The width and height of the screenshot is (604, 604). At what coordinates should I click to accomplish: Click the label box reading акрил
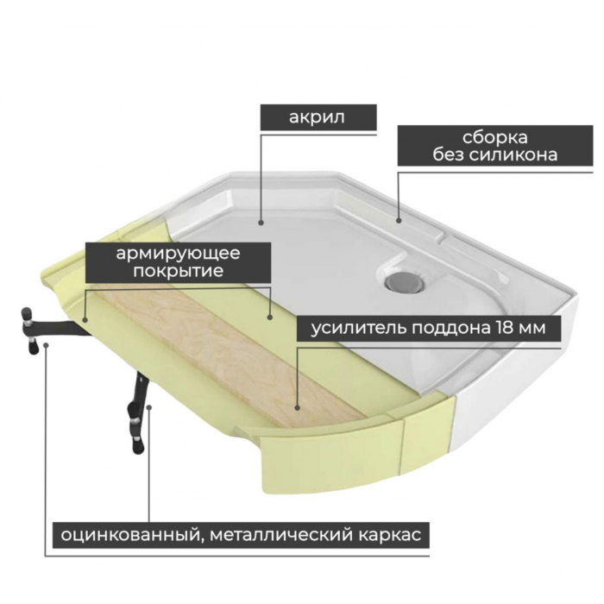pyautogui.click(x=318, y=117)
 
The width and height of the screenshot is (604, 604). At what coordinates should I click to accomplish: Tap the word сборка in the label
pyautogui.click(x=495, y=137)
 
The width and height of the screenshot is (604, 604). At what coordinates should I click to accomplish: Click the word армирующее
pyautogui.click(x=178, y=254)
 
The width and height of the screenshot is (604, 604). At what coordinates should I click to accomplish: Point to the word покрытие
pyautogui.click(x=178, y=271)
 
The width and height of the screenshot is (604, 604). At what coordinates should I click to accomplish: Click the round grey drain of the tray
pyautogui.click(x=406, y=281)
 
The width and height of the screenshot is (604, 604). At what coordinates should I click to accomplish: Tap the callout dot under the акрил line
pyautogui.click(x=261, y=223)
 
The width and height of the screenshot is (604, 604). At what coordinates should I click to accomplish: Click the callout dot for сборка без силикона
pyautogui.click(x=399, y=221)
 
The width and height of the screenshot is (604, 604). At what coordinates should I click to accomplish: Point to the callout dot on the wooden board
pyautogui.click(x=297, y=408)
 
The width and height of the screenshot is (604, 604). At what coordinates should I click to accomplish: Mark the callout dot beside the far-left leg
pyautogui.click(x=47, y=345)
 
